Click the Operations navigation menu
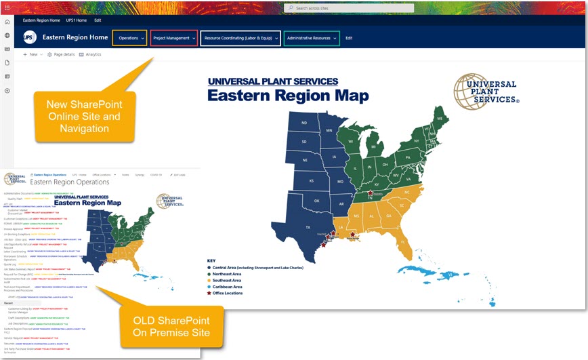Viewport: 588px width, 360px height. click(129, 38)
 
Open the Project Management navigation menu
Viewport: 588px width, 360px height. click(173, 38)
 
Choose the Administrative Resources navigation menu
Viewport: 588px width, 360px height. click(311, 38)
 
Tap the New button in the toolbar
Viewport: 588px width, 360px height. click(31, 54)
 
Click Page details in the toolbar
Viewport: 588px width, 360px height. click(61, 54)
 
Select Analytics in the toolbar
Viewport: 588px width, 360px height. click(90, 54)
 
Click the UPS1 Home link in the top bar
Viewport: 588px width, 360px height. click(76, 20)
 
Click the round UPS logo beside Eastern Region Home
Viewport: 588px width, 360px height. click(30, 38)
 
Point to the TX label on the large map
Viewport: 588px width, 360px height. click(308, 227)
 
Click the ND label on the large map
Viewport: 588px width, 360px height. click(304, 123)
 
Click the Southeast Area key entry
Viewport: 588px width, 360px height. click(228, 280)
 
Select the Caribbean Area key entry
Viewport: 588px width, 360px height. click(228, 287)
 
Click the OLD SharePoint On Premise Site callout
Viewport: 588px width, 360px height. click(171, 326)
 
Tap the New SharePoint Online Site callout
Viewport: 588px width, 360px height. click(83, 116)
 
